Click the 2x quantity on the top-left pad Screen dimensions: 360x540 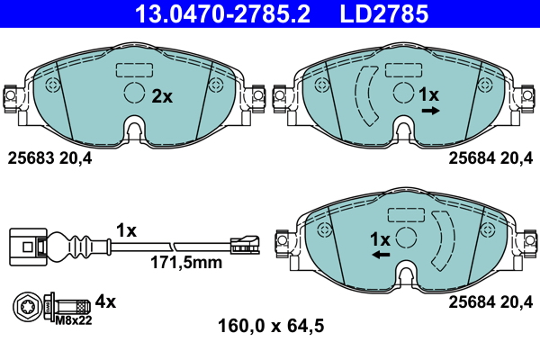coord(162,96)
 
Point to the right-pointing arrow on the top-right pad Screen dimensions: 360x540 coord(429,111)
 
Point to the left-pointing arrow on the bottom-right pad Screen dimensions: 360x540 coord(381,256)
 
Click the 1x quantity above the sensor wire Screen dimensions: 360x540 coord(126,230)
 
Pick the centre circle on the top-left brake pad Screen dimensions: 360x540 coord(133,94)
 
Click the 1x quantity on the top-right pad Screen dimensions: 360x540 coord(429,94)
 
